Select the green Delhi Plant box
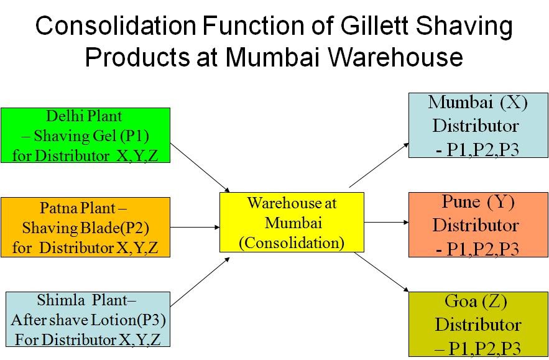coord(85,136)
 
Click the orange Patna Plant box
coord(85,228)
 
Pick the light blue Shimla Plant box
coord(85,319)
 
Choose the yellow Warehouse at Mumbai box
coord(292,222)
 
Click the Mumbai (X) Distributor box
coord(477,125)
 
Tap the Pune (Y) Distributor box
coord(477,225)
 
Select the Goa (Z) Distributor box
coord(477,323)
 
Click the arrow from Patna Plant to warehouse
coord(195,227)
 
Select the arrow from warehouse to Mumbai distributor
coord(379,164)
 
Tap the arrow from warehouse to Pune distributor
coord(385,222)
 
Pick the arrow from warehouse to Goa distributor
coord(381,271)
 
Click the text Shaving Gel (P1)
coord(91,136)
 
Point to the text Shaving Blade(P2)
coord(86,228)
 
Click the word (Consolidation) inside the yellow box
coord(292,242)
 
